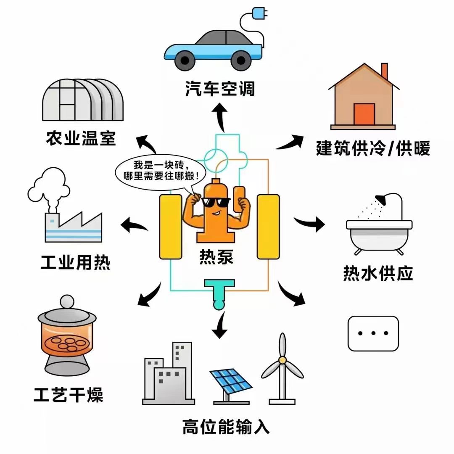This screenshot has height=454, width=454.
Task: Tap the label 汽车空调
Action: pos(220,89)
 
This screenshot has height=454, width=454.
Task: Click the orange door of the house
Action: pos(364,114)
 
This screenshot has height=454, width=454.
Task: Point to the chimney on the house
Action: pos(384,71)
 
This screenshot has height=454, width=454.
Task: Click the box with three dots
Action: pos(373,333)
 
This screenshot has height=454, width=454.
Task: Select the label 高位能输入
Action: pos(226,426)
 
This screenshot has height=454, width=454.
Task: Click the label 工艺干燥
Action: pos(69,395)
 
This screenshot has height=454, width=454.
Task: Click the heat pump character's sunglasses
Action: pos(216,202)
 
